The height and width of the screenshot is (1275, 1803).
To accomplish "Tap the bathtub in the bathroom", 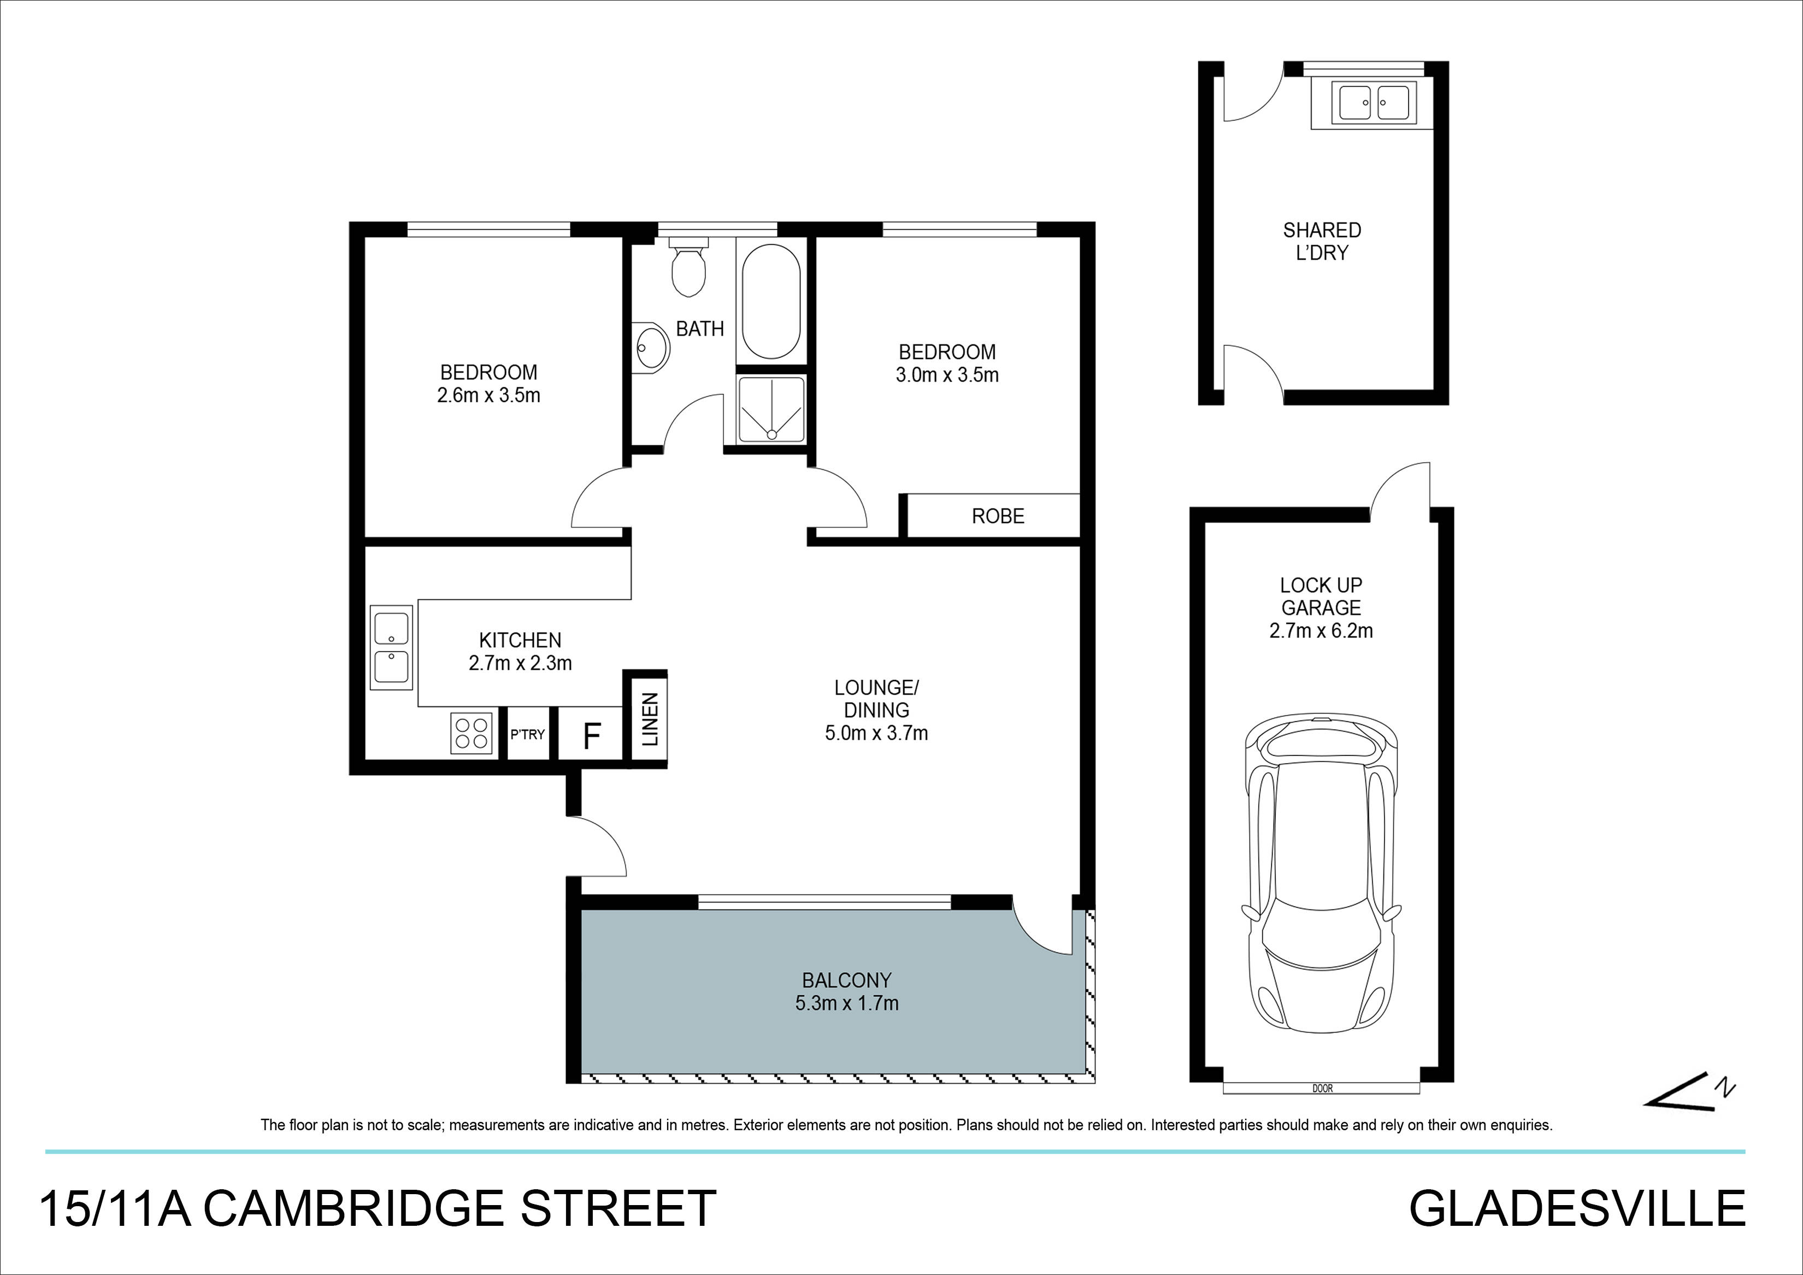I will (771, 302).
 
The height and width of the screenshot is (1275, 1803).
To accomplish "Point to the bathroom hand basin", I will (652, 345).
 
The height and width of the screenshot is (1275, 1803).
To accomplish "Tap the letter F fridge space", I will (591, 736).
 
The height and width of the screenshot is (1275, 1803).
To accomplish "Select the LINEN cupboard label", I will (650, 719).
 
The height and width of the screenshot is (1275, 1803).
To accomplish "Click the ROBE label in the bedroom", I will (997, 516).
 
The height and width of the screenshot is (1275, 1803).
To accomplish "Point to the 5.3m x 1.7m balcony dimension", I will (846, 1002).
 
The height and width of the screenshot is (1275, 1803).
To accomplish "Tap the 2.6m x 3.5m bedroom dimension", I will (488, 395).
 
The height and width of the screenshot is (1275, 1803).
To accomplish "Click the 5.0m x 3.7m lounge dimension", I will (876, 733).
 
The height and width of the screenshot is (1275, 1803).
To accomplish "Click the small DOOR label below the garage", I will (1322, 1089).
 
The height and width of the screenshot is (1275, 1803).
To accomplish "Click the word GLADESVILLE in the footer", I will (1577, 1209).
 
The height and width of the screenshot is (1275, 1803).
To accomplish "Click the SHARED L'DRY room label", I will (1322, 241).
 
